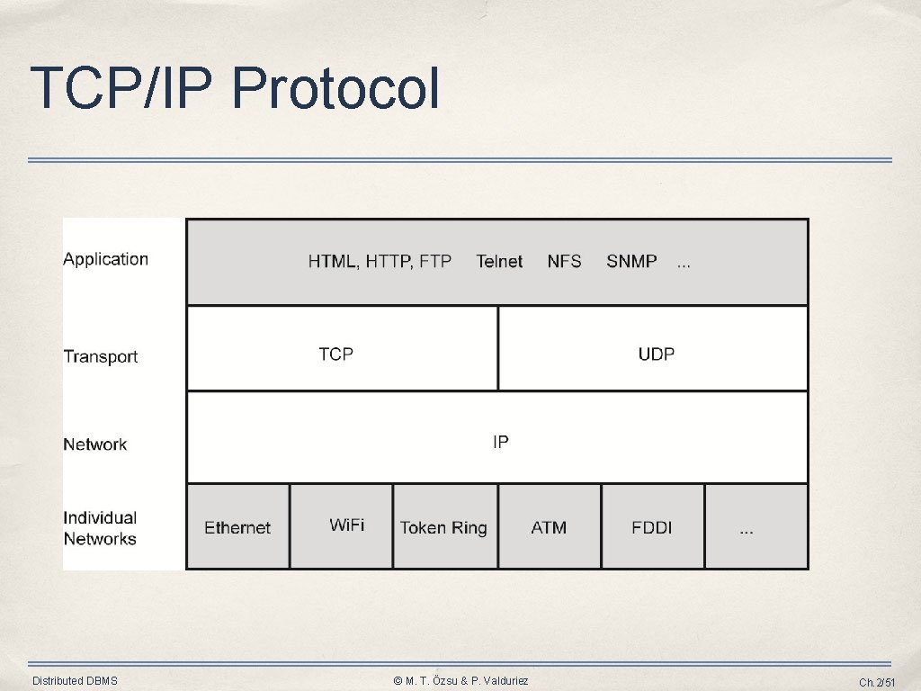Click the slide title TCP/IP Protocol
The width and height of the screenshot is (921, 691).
point(235,88)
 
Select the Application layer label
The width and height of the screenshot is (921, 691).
point(105,259)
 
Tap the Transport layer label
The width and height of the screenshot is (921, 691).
point(100,356)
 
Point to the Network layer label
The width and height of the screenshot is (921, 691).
point(94,444)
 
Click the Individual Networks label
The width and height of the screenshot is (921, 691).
point(100,528)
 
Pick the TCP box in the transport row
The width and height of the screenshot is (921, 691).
point(341,349)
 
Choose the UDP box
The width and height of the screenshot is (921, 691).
point(654,349)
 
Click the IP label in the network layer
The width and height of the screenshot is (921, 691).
point(501,442)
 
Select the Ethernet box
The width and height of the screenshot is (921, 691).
point(237,527)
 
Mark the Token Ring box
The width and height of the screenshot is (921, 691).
point(444,527)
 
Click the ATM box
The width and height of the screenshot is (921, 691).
point(549,527)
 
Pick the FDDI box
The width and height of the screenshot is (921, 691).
point(652,527)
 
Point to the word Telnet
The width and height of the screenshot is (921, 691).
point(499,262)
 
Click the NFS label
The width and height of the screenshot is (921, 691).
point(564,262)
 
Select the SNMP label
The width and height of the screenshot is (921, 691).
point(631,262)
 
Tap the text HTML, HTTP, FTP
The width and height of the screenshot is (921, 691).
point(380,262)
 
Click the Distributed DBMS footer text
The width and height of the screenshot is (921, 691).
point(75,681)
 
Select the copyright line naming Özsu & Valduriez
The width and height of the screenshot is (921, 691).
point(460,681)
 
